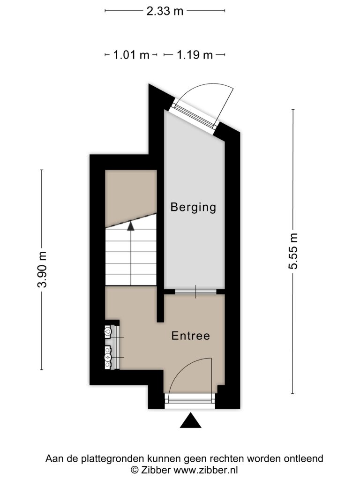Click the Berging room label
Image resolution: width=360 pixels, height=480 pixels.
pyautogui.click(x=193, y=208)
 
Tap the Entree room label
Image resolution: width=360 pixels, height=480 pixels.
pyautogui.click(x=191, y=336)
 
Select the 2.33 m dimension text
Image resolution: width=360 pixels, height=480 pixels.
pyautogui.click(x=165, y=11)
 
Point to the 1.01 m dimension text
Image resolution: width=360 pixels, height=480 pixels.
pyautogui.click(x=131, y=55)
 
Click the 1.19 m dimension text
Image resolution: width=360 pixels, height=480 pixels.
pyautogui.click(x=195, y=55)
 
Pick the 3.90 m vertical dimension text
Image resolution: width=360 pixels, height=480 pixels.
pyautogui.click(x=42, y=270)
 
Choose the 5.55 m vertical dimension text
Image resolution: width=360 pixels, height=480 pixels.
pyautogui.click(x=293, y=251)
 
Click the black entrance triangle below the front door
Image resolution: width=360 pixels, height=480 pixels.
pyautogui.click(x=190, y=420)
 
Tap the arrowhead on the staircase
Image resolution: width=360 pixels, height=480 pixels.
pyautogui.click(x=131, y=226)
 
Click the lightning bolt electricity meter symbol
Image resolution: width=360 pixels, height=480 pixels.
pyautogui.click(x=108, y=357)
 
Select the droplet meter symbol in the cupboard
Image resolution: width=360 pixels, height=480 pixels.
pyautogui.click(x=108, y=331)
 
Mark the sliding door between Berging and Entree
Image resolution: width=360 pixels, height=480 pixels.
pyautogui.click(x=195, y=292)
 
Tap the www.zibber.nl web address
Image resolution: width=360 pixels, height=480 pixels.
pyautogui.click(x=206, y=470)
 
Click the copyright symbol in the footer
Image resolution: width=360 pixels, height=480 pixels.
pyautogui.click(x=135, y=470)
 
